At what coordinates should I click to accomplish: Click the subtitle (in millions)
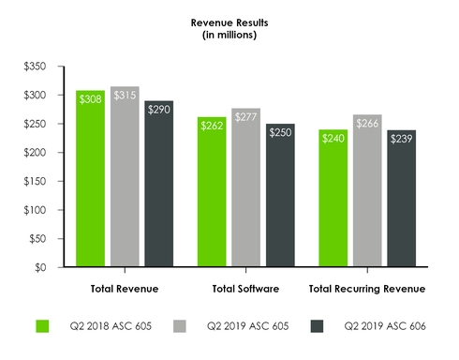point(229,35)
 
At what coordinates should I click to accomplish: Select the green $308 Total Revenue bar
point(90,178)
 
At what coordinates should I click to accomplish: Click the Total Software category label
point(245,288)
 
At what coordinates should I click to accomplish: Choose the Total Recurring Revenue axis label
point(366,288)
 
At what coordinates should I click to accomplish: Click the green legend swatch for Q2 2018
point(42,326)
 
